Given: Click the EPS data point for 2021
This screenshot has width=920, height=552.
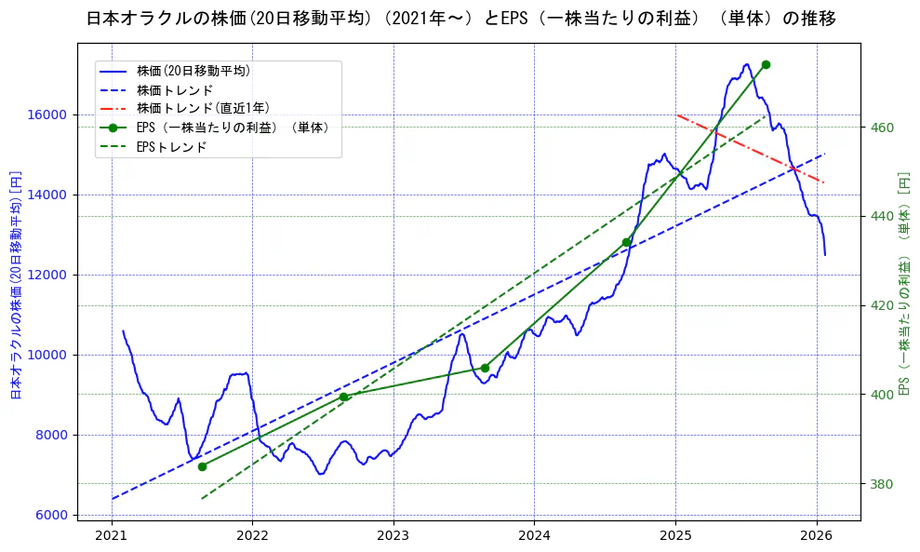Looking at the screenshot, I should [x=202, y=465].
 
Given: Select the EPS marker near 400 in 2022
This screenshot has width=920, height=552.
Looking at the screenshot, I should [x=343, y=397].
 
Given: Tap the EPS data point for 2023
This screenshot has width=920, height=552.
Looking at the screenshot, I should [x=485, y=368].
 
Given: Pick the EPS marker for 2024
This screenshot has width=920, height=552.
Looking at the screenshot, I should [x=626, y=242].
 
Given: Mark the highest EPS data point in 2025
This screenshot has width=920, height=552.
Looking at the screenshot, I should [x=766, y=64].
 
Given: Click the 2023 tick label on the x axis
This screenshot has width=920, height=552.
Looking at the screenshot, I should [x=393, y=535].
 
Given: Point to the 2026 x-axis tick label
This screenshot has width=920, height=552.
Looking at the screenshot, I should [x=816, y=535].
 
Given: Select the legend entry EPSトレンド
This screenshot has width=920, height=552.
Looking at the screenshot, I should [x=171, y=147].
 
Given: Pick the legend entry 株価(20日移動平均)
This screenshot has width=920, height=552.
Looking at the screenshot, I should [x=193, y=71].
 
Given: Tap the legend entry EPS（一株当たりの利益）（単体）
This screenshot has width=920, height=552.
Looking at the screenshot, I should [x=233, y=128].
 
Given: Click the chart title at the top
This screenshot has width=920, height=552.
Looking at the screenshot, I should [x=460, y=19].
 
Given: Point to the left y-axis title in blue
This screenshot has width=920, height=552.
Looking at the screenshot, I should [x=15, y=285].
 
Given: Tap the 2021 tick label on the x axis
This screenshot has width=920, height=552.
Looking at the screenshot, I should [x=112, y=535].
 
